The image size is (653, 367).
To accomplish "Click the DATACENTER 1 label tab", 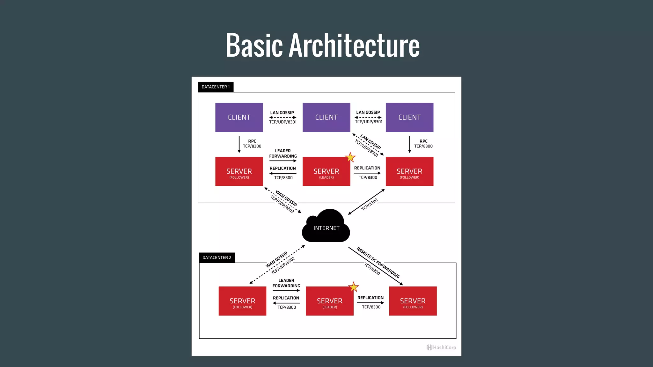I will coord(216,87).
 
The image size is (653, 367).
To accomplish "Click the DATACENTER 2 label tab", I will coord(217,257).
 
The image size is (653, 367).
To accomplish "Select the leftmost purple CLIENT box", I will coord(239,117).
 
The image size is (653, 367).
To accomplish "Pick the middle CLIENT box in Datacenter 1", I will coord(326,117).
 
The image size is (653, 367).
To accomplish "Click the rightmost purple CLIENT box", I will coord(409,117).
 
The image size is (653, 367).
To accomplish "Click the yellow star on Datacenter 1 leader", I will coord(350,157).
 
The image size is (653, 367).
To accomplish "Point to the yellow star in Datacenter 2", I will coord(353,287).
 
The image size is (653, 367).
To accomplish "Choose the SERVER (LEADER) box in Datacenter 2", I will coord(329,301).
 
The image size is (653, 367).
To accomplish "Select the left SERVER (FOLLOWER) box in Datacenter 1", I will coord(239,171).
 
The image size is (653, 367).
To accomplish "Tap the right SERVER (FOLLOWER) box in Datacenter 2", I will coord(413,301).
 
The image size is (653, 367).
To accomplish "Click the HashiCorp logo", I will coord(441,347).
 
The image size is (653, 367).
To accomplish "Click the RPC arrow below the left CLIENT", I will coord(239,144).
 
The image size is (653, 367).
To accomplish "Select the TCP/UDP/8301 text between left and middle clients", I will coord(283,122).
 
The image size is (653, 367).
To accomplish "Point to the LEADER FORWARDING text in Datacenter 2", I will coord(286,283).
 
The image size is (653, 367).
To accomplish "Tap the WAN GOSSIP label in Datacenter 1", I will coord(286,198).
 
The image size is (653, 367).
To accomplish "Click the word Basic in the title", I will coord(254,45).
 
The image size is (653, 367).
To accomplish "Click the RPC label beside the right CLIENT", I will coord(423,141).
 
